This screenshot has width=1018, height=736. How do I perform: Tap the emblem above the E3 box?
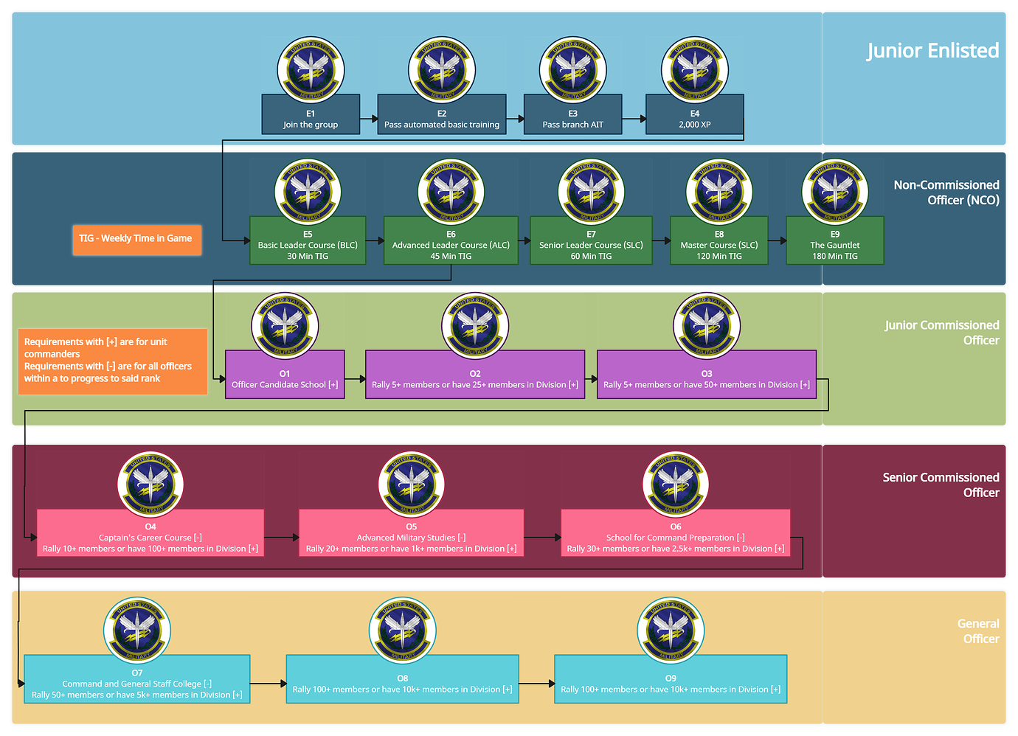coord(572,71)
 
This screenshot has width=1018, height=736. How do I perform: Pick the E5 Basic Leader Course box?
coord(308,240)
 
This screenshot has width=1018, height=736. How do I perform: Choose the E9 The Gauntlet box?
coord(834,240)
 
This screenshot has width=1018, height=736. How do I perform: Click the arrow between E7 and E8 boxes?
coord(661,240)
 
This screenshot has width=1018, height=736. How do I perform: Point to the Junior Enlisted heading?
coord(932,51)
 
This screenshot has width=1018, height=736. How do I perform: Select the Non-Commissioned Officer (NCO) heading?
coord(946,192)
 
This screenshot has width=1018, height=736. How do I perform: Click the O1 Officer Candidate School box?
coord(285,375)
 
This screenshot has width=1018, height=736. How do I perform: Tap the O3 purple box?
coord(706,375)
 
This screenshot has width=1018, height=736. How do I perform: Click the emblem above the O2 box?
coord(475,325)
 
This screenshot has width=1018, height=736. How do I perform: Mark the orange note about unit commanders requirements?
coord(112,361)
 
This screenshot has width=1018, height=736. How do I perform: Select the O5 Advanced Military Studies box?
coord(411,532)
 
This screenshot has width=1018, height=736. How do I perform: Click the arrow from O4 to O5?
coord(281,538)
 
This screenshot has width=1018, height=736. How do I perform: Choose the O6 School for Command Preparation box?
coord(675,532)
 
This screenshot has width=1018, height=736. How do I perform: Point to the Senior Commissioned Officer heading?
coord(941,485)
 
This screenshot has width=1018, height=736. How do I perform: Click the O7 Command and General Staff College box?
coord(137,679)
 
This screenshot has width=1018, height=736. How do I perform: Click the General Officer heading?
coord(978,631)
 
